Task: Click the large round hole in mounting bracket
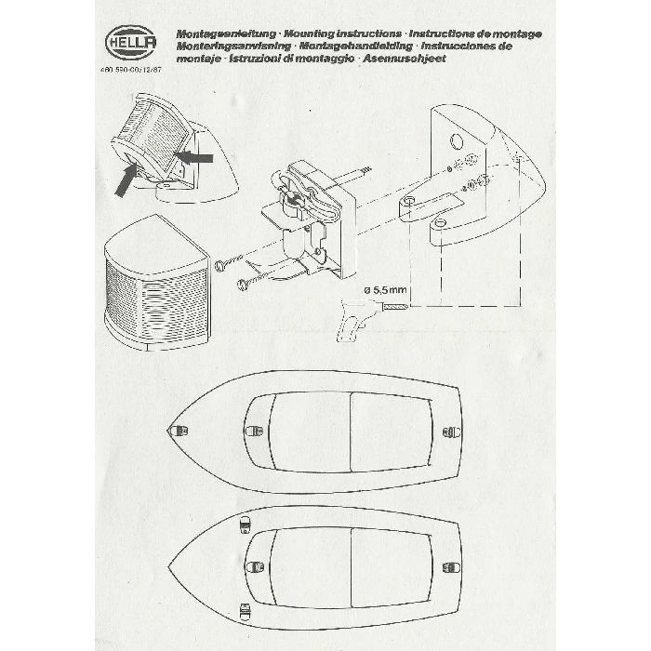click(456, 140)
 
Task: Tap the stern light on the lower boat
click(455, 565)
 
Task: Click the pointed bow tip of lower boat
click(171, 566)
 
